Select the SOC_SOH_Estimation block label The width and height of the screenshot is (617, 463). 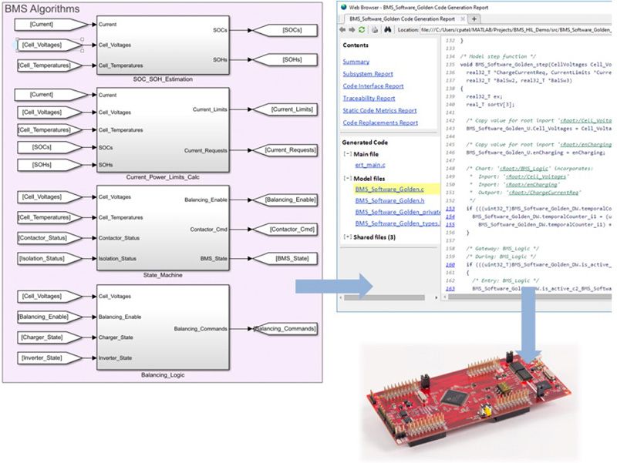coord(162,79)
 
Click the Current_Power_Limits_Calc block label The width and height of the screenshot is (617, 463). coord(162,177)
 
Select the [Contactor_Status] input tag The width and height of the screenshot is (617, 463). coord(46,238)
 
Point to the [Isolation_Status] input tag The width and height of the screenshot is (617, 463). coord(45,259)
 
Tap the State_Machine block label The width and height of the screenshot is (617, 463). coord(162,273)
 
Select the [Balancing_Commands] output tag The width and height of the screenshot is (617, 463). coord(285,329)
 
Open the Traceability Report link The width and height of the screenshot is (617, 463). coord(369,98)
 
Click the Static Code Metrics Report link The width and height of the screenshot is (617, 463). coord(379,110)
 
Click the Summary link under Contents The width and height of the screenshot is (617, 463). coord(356,62)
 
